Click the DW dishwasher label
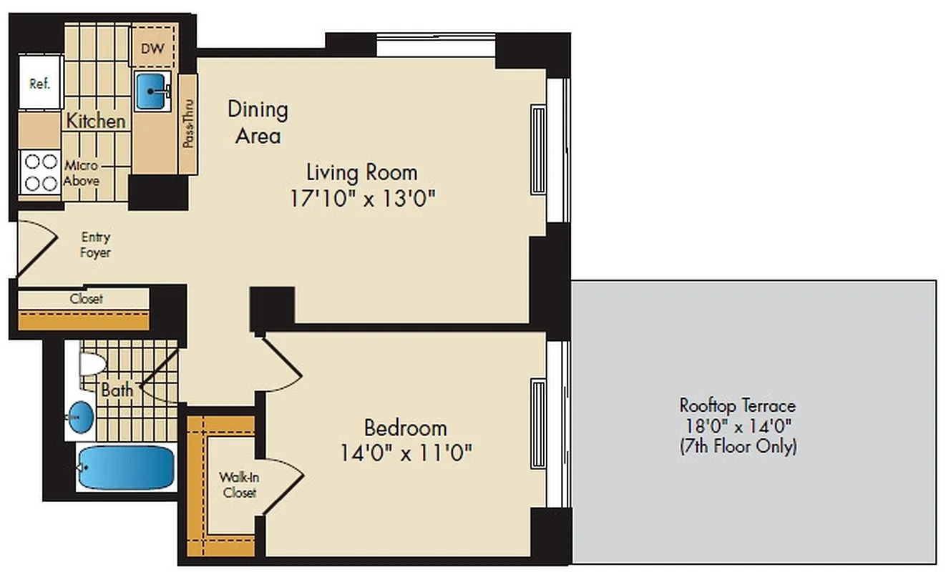[x=151, y=49]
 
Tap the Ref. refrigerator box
[x=39, y=84]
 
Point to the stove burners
[x=39, y=172]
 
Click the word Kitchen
[x=96, y=121]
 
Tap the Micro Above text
[x=82, y=173]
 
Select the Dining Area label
[x=258, y=122]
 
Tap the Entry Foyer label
[x=96, y=245]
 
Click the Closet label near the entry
[x=86, y=299]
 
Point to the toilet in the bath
[x=90, y=364]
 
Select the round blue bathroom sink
[x=81, y=416]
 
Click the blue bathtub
[x=126, y=467]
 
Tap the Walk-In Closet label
[x=238, y=484]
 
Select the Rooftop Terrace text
[x=737, y=405]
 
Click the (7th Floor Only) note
[x=737, y=447]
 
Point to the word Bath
[x=117, y=390]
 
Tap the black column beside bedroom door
[x=272, y=308]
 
